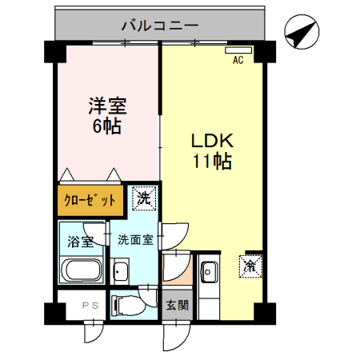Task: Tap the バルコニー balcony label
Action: pos(159,26)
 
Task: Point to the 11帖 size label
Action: pos(211,162)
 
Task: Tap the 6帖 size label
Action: pos(107,126)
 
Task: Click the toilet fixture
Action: pos(127,304)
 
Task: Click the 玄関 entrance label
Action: pos(177,304)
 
